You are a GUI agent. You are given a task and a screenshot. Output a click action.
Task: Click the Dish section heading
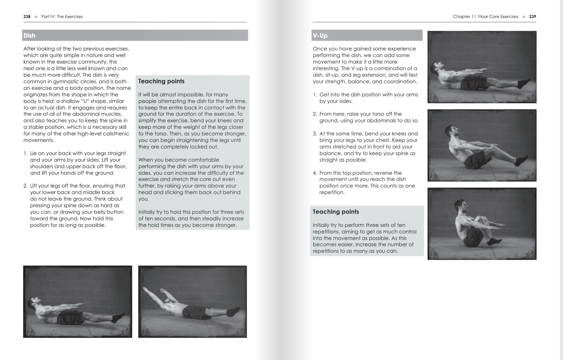(30, 36)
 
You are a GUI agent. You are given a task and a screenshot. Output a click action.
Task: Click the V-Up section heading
(320, 36)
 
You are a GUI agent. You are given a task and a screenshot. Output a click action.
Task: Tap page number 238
(27, 16)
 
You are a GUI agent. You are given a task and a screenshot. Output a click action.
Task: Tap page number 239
(532, 16)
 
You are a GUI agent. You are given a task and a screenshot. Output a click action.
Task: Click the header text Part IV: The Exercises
(62, 16)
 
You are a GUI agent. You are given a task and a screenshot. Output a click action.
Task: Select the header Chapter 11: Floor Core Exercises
(485, 16)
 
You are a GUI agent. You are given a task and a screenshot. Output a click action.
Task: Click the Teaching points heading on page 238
(161, 81)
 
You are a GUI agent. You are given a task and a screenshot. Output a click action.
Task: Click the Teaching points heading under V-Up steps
(336, 212)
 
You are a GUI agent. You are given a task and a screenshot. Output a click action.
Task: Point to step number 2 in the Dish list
(25, 186)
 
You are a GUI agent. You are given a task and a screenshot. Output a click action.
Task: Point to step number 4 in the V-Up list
(315, 173)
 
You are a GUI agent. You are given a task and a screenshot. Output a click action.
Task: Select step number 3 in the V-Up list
(315, 134)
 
